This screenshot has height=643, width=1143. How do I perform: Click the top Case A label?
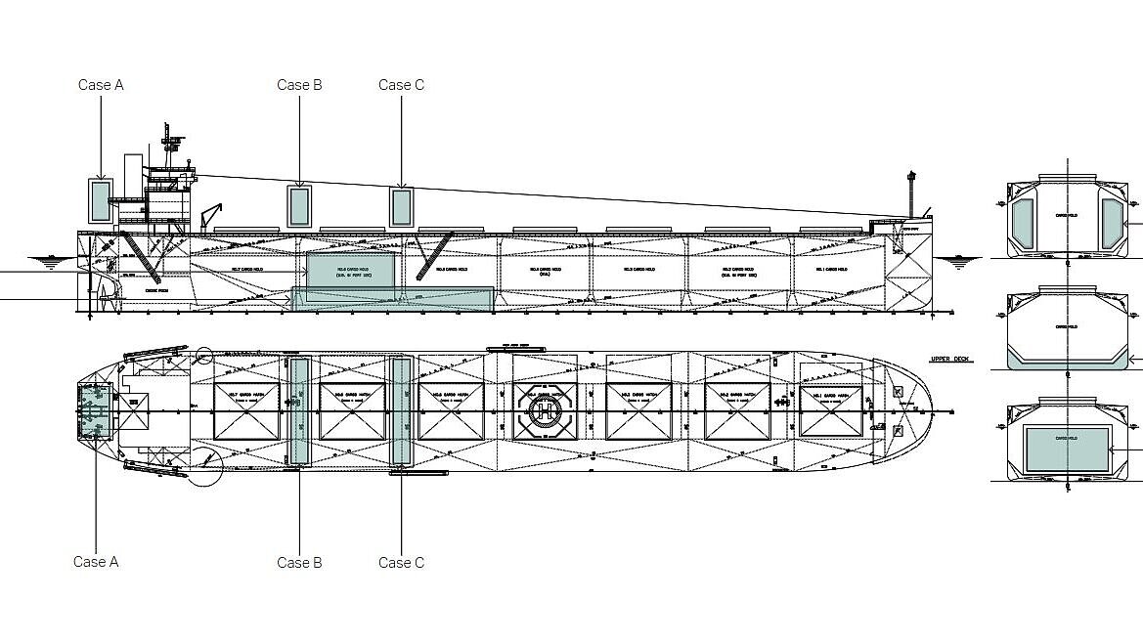click(x=101, y=85)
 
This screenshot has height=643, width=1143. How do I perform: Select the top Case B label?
click(x=299, y=85)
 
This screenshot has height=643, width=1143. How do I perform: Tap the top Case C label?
click(x=401, y=85)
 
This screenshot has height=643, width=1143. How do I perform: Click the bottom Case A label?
click(x=96, y=562)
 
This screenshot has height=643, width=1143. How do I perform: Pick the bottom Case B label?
click(x=299, y=563)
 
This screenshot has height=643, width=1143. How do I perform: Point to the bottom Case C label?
click(x=401, y=563)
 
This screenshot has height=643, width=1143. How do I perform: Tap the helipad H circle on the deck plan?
click(x=543, y=410)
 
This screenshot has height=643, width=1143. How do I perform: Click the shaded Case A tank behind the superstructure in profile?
click(x=99, y=200)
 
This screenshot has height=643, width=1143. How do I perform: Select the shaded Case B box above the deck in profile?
click(x=299, y=206)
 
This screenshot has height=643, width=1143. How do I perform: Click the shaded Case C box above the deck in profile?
click(x=401, y=206)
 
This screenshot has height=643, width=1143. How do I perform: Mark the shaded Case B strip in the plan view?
click(x=299, y=410)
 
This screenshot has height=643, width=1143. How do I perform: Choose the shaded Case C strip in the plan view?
click(x=401, y=410)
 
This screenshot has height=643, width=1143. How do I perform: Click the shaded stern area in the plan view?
click(x=96, y=410)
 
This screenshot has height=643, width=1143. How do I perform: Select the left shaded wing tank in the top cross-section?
click(x=1023, y=223)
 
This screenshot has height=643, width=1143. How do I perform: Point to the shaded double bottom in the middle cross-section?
click(x=1067, y=361)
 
